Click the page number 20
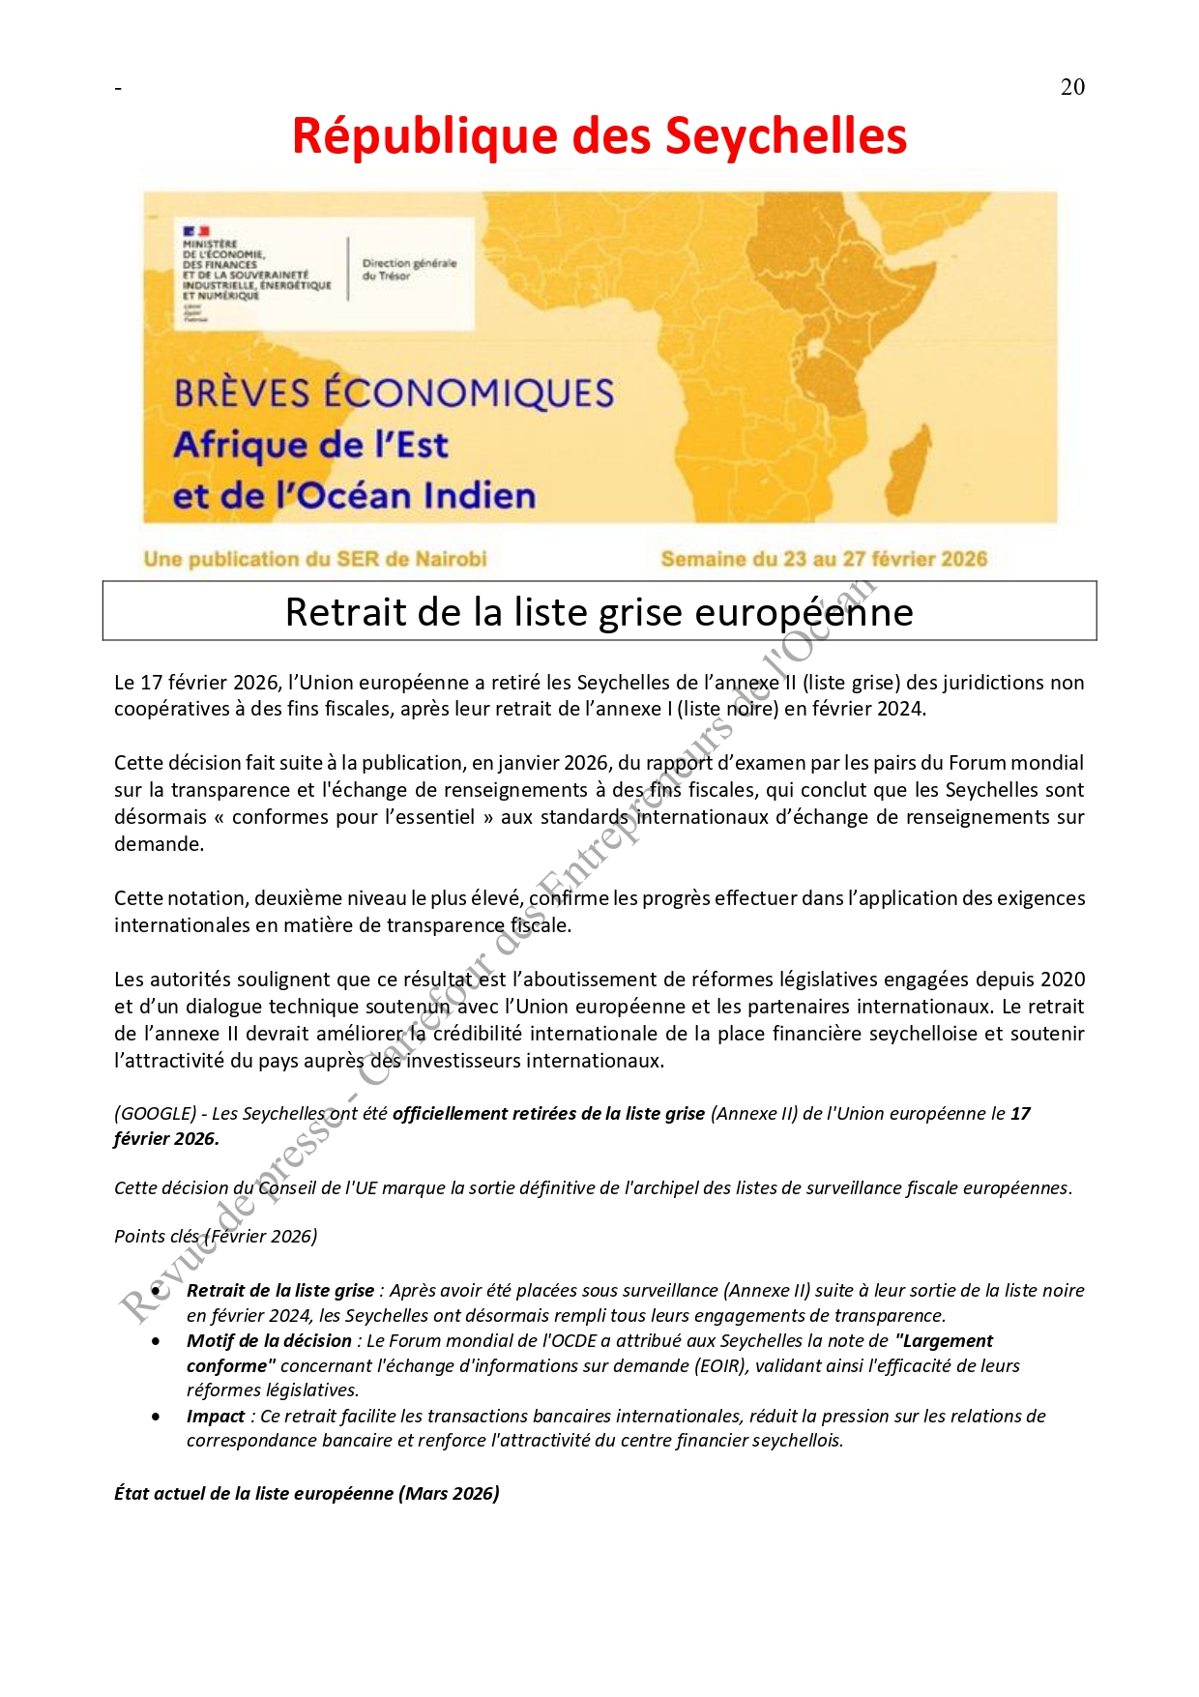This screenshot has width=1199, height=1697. (x=1072, y=87)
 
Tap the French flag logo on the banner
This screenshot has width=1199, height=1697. (x=196, y=231)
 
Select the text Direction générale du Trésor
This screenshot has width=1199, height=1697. (x=409, y=269)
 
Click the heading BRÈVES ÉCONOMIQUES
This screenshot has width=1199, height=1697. (x=394, y=394)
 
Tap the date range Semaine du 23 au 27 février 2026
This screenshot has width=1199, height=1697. (x=824, y=559)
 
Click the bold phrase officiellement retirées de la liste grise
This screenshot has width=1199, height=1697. (x=548, y=1114)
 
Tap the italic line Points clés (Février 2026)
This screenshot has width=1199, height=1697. (x=216, y=1237)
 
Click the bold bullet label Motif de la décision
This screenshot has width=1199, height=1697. (x=269, y=1341)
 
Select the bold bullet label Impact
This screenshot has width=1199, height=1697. (x=216, y=1417)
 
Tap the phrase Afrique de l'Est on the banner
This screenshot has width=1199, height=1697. (x=310, y=445)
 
